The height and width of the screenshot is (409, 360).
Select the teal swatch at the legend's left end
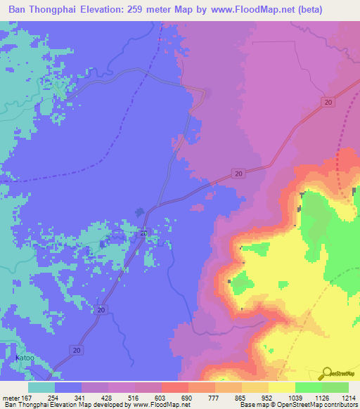[x=41, y=387]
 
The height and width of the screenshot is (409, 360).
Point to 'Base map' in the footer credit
[x=250, y=404]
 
